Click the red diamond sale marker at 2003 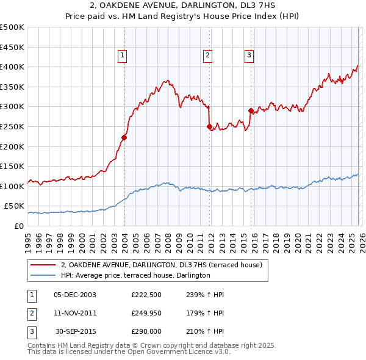click(x=124, y=137)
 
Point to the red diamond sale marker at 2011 click(x=209, y=127)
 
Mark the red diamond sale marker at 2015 click(x=251, y=110)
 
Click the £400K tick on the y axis click(x=12, y=67)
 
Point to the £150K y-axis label click(x=12, y=166)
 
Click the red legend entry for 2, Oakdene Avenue click(x=162, y=265)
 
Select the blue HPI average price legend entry click(x=135, y=275)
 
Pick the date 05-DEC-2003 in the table click(x=74, y=295)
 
